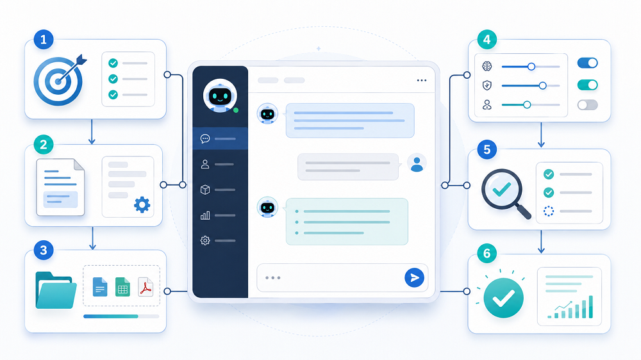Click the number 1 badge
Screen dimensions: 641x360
click(x=44, y=40)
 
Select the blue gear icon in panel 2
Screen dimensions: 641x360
click(x=142, y=205)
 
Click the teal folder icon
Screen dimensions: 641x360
click(x=56, y=290)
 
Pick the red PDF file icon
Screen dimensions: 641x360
click(x=146, y=286)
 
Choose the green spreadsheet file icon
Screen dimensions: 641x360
click(x=122, y=286)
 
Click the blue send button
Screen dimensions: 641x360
click(x=414, y=278)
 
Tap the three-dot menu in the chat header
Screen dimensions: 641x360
click(x=422, y=81)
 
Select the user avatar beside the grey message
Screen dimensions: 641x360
click(x=417, y=163)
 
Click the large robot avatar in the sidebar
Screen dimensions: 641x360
click(x=220, y=95)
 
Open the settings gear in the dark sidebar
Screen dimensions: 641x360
click(x=205, y=240)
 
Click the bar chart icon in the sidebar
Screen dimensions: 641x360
click(x=205, y=215)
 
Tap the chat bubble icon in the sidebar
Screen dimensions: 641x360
click(x=205, y=138)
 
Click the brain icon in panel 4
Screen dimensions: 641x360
click(x=487, y=66)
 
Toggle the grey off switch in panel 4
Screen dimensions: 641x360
click(x=587, y=105)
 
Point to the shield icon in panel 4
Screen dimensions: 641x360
click(x=487, y=85)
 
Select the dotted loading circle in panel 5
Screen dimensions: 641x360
click(x=549, y=211)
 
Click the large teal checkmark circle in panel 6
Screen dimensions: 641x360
click(x=503, y=298)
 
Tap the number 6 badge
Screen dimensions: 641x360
click(x=487, y=254)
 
